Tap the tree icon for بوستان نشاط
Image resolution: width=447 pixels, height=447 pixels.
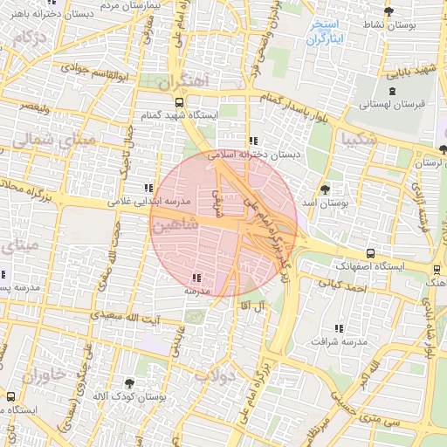coord(389,12)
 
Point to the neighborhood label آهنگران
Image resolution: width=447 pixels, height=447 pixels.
coord(186,81)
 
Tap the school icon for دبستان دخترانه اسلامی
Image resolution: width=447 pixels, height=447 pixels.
coord(253,141)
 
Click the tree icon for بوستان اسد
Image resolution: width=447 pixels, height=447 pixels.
coord(326,189)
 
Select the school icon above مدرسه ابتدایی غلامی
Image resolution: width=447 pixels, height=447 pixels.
coord(147,188)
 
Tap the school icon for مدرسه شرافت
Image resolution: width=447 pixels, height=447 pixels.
coord(338,328)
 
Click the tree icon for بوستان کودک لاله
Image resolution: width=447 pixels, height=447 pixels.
coord(130,383)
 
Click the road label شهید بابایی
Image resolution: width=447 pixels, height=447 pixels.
coord(413,67)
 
